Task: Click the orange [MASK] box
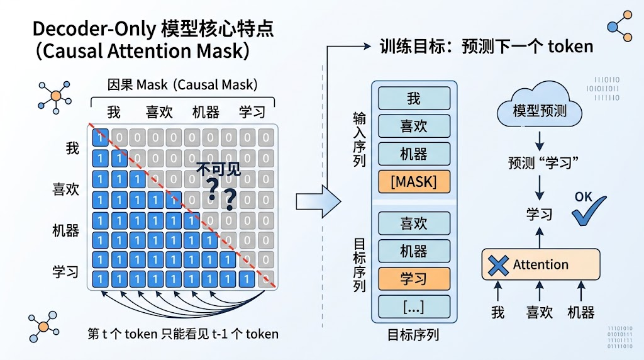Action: (x=414, y=182)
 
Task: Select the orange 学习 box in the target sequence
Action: (x=414, y=279)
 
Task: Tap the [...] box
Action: (x=414, y=307)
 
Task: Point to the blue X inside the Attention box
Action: (x=498, y=265)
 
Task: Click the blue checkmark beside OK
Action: (x=589, y=211)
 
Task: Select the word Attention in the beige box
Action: (x=540, y=265)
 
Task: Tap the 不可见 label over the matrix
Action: (x=218, y=169)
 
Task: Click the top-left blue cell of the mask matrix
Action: (x=101, y=137)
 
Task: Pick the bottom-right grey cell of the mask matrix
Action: (x=266, y=279)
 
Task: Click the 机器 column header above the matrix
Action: (x=206, y=112)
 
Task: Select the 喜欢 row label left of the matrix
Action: (x=65, y=189)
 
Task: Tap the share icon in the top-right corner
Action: (x=619, y=26)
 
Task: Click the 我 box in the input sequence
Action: (x=414, y=98)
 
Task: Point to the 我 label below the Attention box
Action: (x=498, y=313)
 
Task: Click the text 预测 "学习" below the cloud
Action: (x=543, y=163)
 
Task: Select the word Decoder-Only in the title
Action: (x=94, y=29)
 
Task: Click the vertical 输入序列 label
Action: (x=359, y=139)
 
